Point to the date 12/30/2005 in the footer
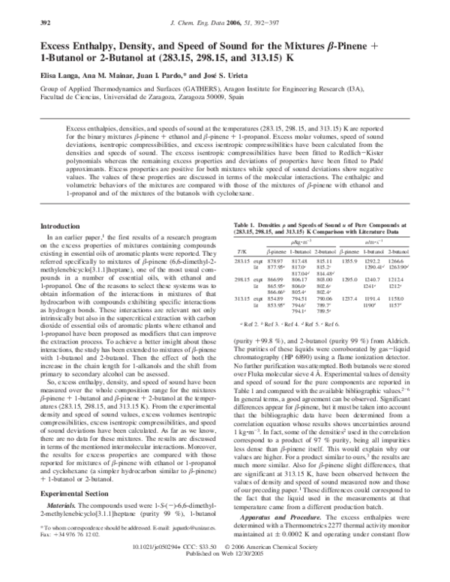pyautogui.click(x=253, y=575)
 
